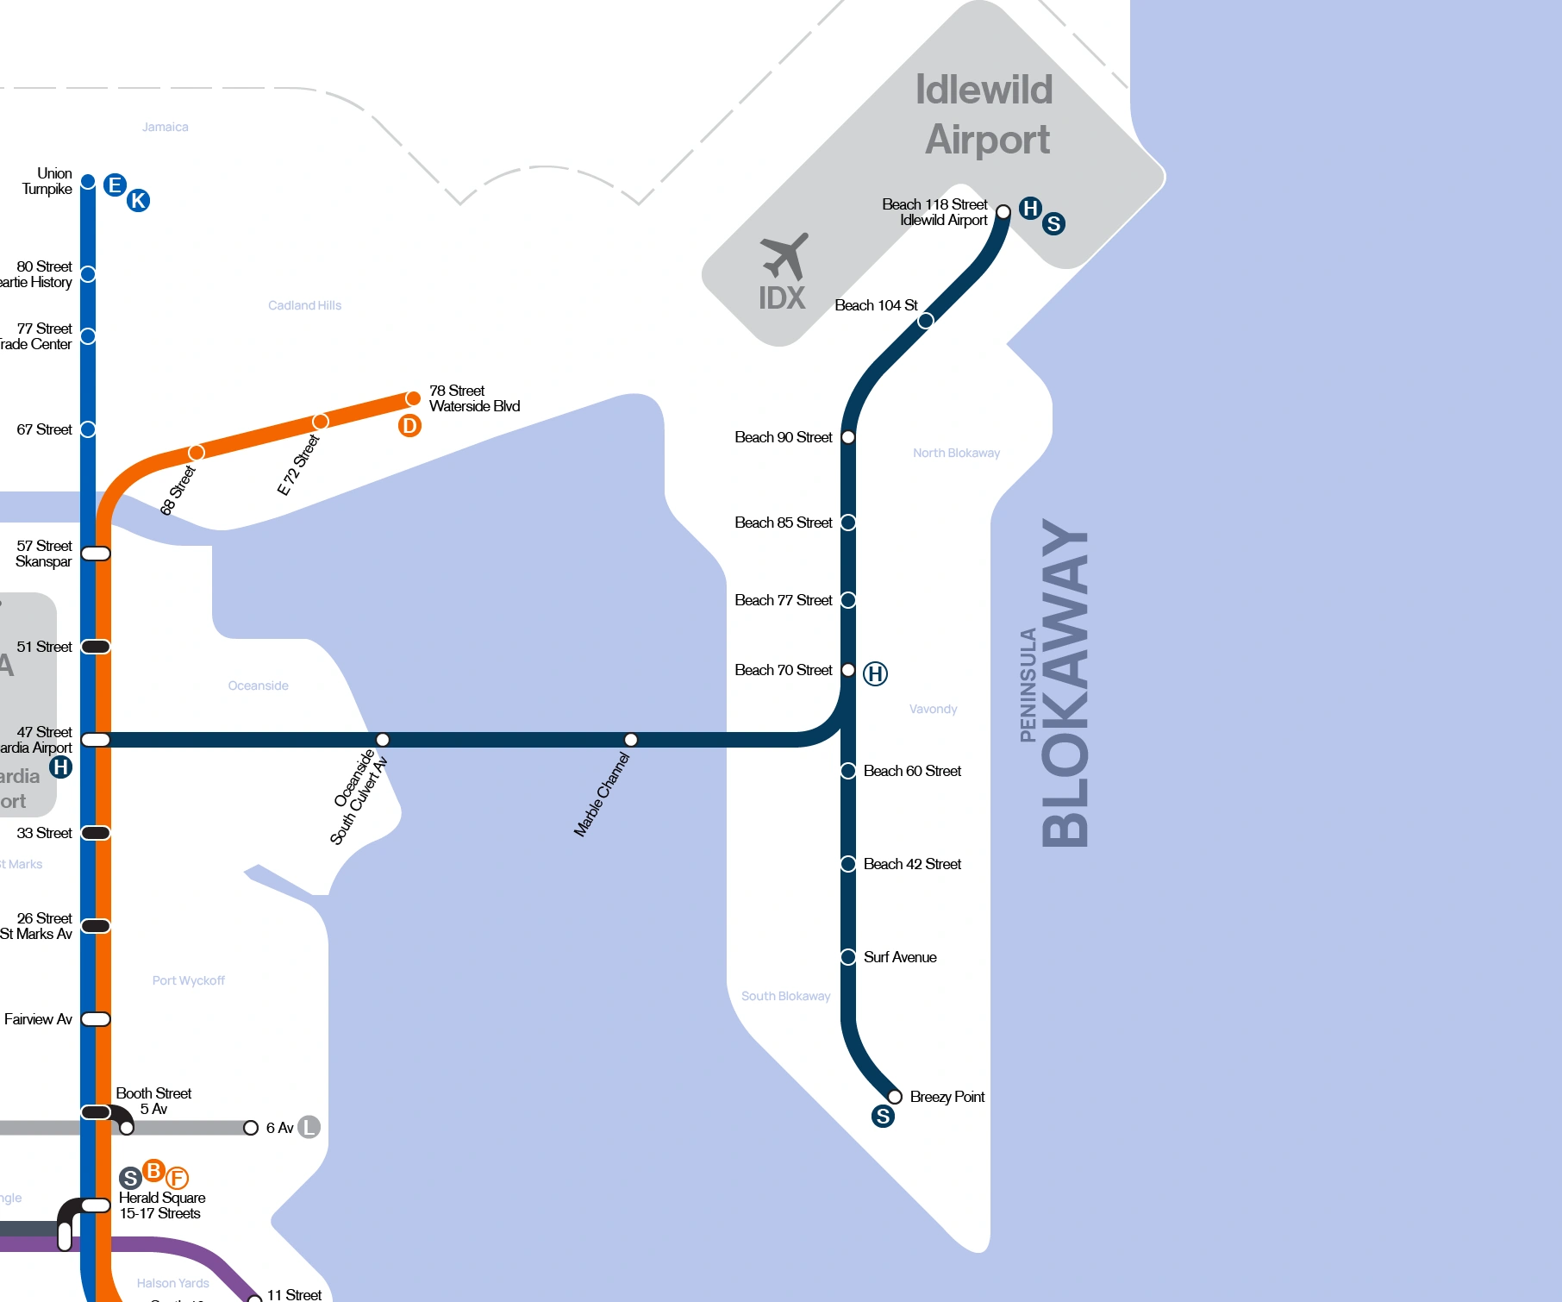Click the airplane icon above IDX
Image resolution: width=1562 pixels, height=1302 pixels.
[784, 256]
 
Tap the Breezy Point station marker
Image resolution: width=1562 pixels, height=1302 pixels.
[895, 1097]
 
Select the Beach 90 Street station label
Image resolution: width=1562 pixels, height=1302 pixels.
[783, 437]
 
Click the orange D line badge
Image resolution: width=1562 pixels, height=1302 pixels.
[409, 425]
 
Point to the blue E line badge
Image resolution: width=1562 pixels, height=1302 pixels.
[115, 185]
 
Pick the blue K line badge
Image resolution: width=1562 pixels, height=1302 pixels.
[138, 201]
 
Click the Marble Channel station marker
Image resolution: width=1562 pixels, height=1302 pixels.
[631, 740]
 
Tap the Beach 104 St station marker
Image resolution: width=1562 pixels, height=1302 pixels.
[925, 321]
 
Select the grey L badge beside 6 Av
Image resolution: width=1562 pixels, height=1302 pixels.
[309, 1127]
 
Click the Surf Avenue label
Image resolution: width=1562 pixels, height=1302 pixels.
[900, 957]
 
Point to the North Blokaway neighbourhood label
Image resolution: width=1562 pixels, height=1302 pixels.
[956, 453]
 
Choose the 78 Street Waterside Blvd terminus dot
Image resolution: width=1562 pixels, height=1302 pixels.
[413, 398]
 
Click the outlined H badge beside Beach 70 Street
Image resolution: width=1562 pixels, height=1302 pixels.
[875, 673]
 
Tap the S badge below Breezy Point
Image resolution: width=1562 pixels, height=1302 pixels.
[883, 1117]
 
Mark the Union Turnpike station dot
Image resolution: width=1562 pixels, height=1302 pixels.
[88, 182]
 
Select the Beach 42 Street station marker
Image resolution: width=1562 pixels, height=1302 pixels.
[848, 864]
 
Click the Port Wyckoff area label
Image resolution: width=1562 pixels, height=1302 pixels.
[188, 980]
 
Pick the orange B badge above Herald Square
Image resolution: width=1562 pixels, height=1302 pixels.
[153, 1171]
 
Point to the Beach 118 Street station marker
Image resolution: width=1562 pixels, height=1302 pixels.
[1003, 212]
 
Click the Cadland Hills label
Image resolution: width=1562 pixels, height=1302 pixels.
[304, 305]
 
